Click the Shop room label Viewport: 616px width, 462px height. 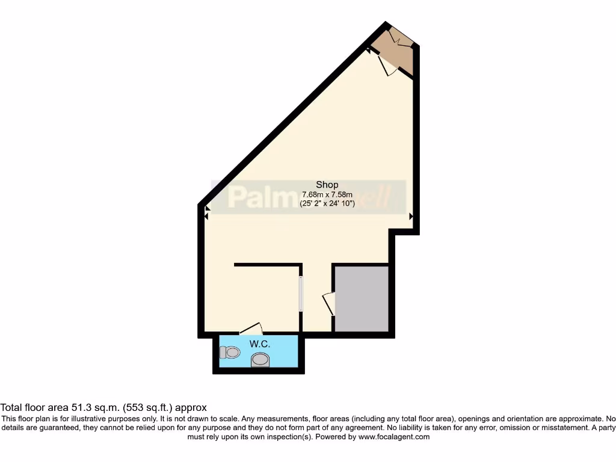327,185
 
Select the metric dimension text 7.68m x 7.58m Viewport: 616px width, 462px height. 327,194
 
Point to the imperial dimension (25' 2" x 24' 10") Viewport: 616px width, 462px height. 327,204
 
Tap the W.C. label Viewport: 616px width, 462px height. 259,344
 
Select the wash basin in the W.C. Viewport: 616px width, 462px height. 260,360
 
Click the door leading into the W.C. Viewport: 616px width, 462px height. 251,328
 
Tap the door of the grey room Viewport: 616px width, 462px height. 328,304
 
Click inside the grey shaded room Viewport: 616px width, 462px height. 361,298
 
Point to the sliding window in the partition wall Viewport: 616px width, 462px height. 301,294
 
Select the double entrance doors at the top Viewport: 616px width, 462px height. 400,38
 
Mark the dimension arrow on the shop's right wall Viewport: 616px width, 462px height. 411,216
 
